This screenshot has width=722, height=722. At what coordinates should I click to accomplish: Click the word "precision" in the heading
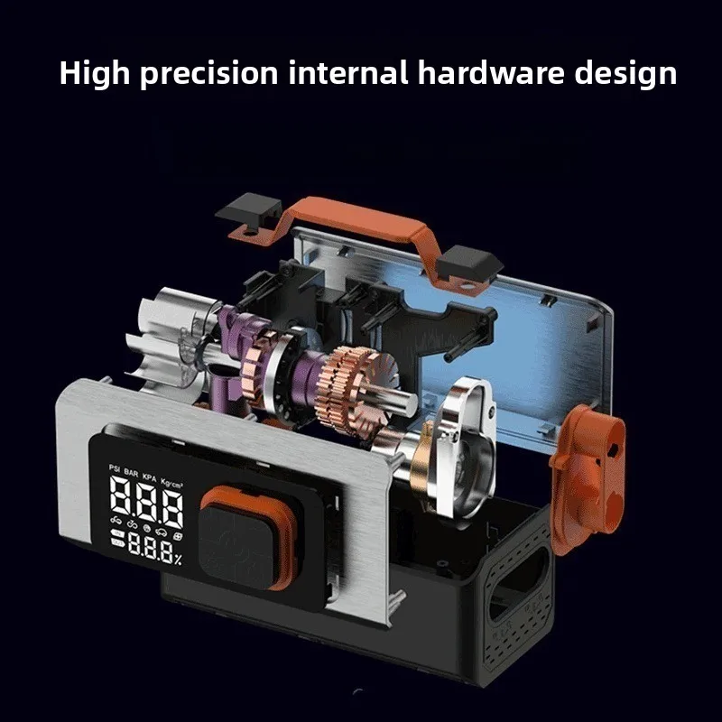pos(209,74)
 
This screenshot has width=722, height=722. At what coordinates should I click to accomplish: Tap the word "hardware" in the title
pos(491,73)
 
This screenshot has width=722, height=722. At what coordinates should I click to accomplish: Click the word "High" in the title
pos(95,74)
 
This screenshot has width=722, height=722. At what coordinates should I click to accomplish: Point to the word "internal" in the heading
pos(348,73)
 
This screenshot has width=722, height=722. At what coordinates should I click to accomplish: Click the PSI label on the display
pos(115,468)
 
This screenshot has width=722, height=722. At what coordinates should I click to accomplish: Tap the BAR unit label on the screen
pos(131,473)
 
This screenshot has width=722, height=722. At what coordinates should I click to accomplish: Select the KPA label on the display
pos(150,477)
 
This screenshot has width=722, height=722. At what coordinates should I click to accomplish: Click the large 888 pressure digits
pos(146,502)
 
